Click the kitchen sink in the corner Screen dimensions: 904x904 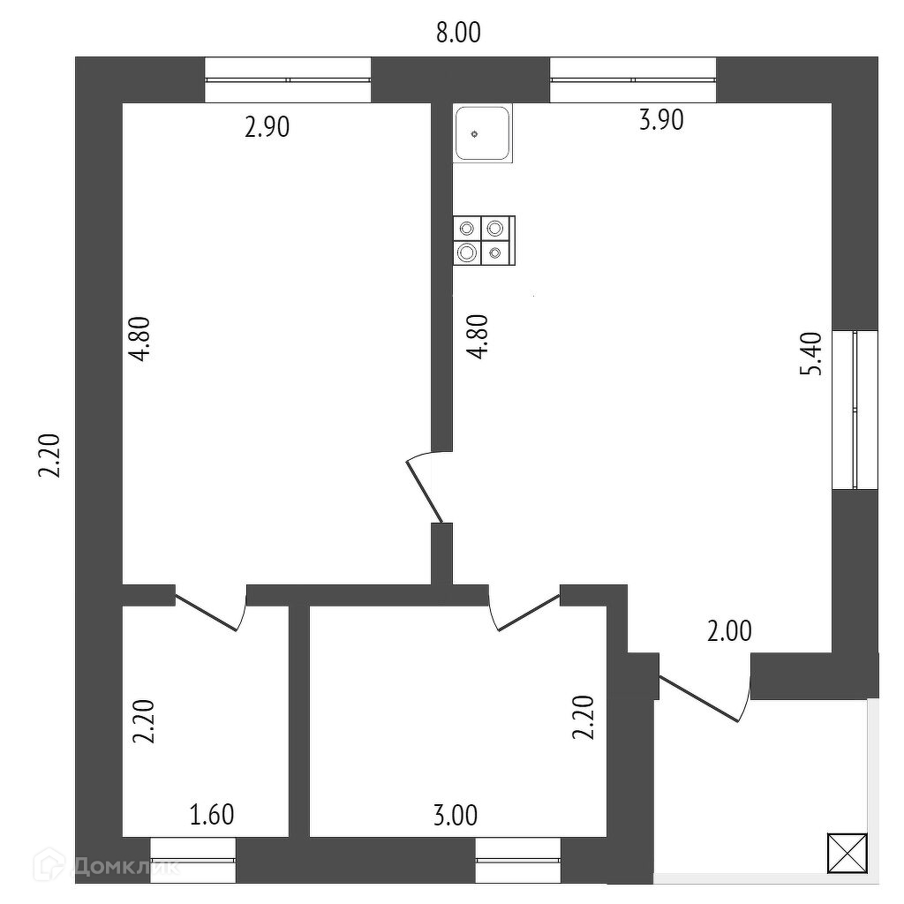(x=483, y=133)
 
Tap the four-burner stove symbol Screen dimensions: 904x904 (x=484, y=241)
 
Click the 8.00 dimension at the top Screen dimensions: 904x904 (x=458, y=34)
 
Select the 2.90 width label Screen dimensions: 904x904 (x=267, y=128)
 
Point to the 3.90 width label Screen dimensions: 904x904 (x=661, y=120)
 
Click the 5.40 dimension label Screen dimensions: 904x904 (x=811, y=354)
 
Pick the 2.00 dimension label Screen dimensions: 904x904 (x=728, y=631)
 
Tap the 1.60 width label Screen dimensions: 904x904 (x=212, y=814)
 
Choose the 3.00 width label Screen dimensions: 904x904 (x=455, y=815)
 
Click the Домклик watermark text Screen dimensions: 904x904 (x=124, y=865)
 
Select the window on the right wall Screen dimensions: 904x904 (x=855, y=410)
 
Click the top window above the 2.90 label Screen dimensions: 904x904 (x=288, y=80)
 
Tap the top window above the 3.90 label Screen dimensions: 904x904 (x=633, y=80)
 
